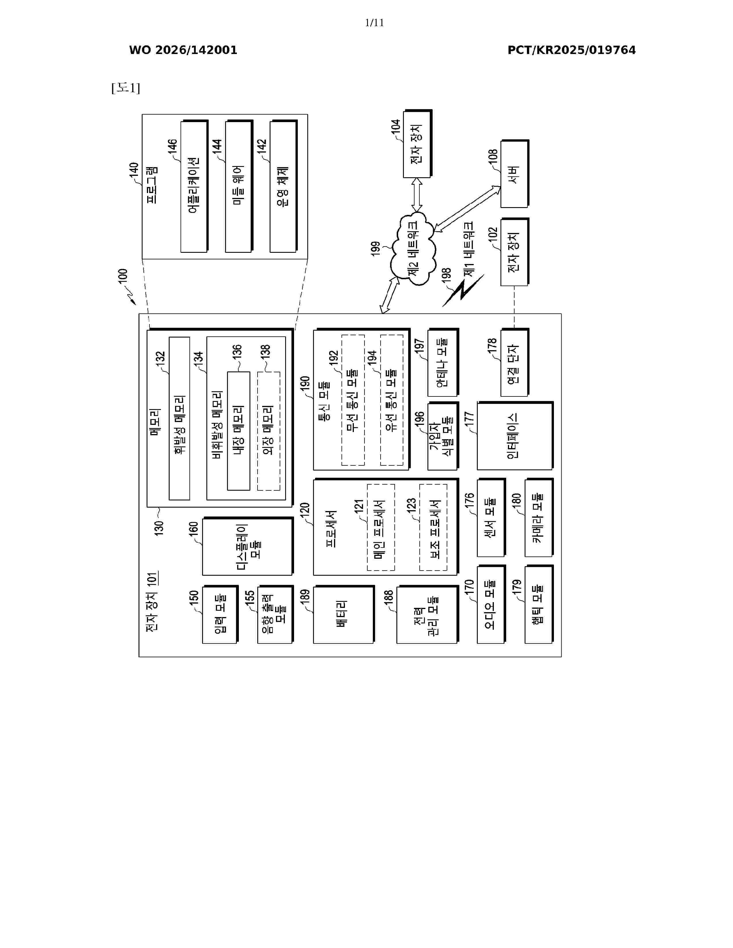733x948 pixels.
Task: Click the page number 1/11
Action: click(374, 23)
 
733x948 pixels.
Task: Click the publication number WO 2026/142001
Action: click(183, 50)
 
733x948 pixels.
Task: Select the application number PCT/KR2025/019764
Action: click(571, 50)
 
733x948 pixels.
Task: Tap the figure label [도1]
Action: click(126, 88)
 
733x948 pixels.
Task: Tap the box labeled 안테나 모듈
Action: click(443, 363)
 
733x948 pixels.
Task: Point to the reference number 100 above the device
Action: click(123, 277)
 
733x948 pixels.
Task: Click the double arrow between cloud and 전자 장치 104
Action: click(417, 194)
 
